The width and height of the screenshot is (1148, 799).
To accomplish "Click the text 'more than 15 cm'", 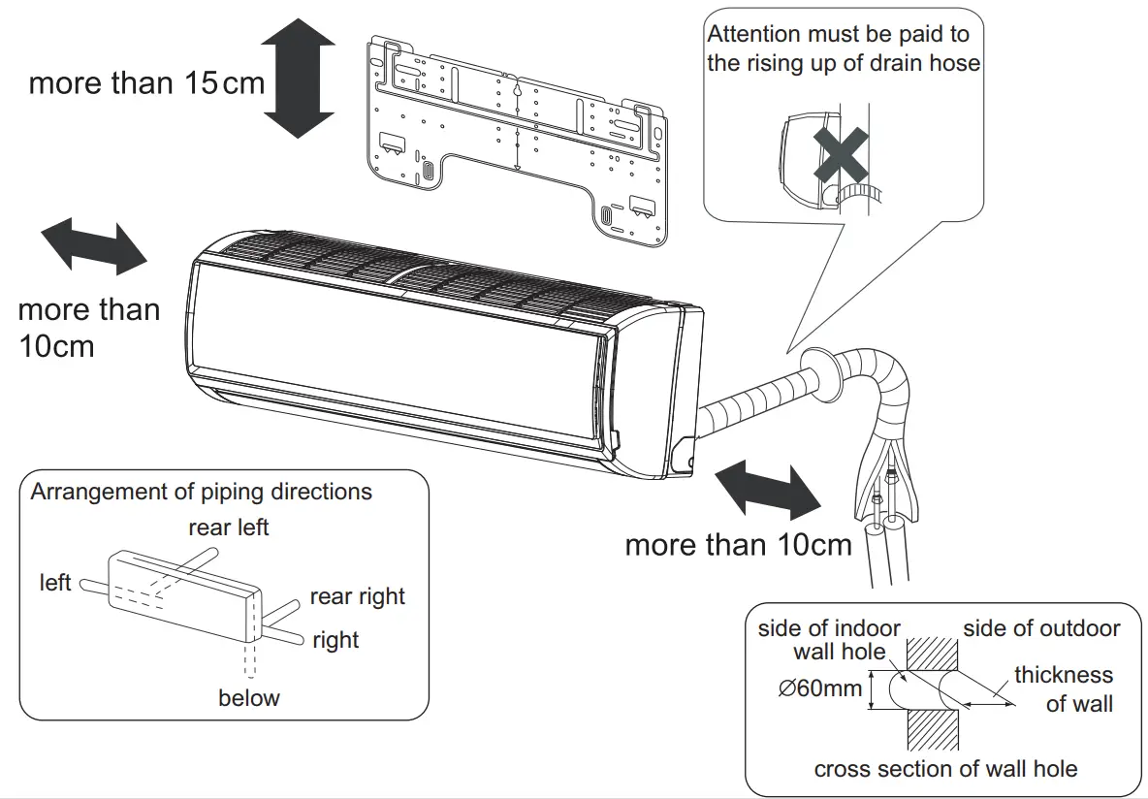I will coord(146,82).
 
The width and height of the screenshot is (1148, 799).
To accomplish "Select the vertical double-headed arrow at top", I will coord(298,79).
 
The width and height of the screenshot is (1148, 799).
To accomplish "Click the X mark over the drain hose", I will coord(841,154).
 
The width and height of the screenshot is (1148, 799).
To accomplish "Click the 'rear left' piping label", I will coord(229,527).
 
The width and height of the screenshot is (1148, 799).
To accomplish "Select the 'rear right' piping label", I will coord(357,596).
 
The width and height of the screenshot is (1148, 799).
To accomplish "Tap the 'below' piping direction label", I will coord(248,698).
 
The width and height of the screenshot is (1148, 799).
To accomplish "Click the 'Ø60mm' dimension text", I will coord(819,688).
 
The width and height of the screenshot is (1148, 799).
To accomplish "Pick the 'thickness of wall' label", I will coord(1065,688).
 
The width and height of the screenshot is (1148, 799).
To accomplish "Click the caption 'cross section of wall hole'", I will coord(945,769).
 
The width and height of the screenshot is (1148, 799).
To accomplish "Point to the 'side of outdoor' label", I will coord(1041,628).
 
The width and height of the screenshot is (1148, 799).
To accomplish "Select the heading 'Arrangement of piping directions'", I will coord(201,492).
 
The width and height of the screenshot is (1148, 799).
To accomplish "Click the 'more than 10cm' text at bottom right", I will coord(738,544).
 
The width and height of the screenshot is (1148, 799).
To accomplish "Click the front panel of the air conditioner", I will coord(398,349).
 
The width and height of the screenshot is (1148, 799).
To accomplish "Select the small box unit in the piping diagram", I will coord(184,593).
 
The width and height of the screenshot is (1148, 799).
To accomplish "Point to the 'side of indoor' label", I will coord(829,628).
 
